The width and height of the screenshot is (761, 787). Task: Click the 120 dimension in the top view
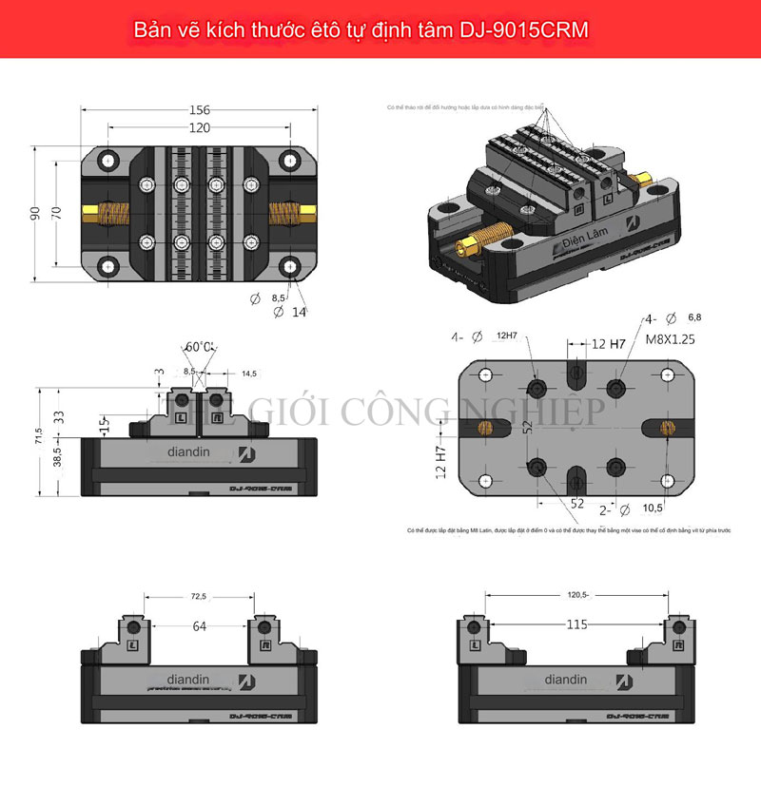199,127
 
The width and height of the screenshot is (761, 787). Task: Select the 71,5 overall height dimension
39,436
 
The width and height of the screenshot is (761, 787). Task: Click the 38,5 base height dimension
58,457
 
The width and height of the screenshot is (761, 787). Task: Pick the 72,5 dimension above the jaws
198,596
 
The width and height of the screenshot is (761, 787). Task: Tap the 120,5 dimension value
578,595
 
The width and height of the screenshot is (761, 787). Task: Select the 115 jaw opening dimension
578,624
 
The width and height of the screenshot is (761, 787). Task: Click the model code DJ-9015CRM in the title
518,29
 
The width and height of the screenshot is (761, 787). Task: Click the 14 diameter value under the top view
300,311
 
